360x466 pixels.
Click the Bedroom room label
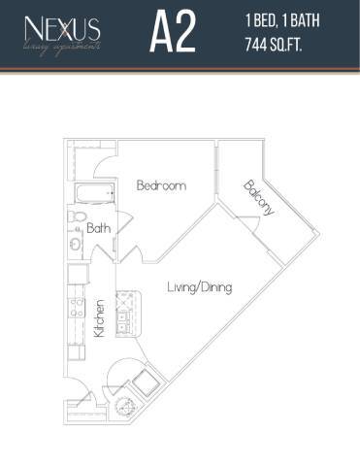pyautogui.click(x=160, y=185)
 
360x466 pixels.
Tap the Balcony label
pyautogui.click(x=259, y=198)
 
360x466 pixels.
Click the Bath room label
pyautogui.click(x=98, y=229)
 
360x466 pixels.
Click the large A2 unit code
pyautogui.click(x=173, y=33)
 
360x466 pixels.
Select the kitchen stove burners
pyautogui.click(x=74, y=311)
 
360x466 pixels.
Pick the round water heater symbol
pyautogui.click(x=123, y=405)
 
